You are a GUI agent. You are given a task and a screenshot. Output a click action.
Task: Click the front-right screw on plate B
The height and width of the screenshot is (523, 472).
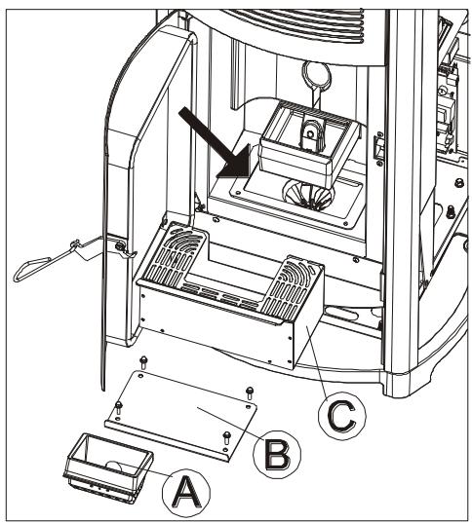coord(226,434)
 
